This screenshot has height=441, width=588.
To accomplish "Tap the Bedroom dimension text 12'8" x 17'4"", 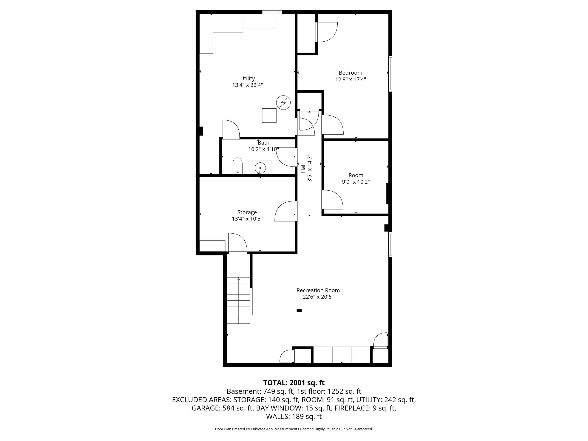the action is [350, 79].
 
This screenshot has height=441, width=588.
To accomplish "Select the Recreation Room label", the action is [318, 290].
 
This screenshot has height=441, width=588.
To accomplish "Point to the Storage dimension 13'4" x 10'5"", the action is [247, 219].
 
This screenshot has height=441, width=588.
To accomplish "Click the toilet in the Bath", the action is [238, 166].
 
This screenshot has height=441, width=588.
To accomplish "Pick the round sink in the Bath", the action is [260, 168].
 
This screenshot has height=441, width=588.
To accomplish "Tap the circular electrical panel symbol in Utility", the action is [283, 102].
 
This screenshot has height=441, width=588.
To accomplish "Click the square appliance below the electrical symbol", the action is [269, 115].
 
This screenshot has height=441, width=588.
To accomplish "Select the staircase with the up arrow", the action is [238, 300].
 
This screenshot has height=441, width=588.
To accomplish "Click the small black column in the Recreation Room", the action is [299, 310].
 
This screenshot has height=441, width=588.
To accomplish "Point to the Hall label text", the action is [303, 168].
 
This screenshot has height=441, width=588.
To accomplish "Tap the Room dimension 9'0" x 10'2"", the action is [356, 182].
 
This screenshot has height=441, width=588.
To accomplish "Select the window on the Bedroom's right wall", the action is [390, 74].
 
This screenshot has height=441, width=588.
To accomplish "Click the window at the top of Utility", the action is [272, 12].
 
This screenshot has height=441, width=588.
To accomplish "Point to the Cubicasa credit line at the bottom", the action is [294, 429].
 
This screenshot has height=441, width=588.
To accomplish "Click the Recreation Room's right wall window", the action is [390, 245].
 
